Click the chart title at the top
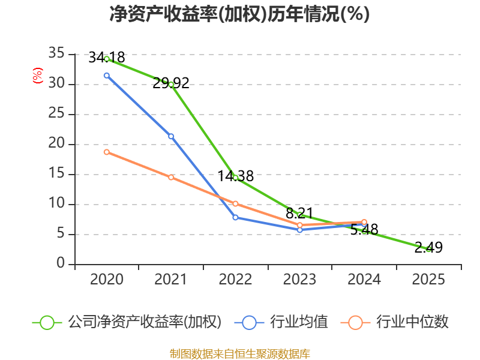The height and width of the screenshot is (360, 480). coord(239,14)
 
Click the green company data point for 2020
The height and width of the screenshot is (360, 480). coord(107,59)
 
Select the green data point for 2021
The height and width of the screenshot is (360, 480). coord(171,85)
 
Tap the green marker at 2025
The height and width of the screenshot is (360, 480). coord(428,249)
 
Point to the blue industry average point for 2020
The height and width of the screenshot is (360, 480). coord(107,76)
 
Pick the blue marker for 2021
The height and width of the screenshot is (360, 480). coord(171,136)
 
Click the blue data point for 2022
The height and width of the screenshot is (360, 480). coord(235,217)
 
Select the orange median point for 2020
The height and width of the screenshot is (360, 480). coord(107,152)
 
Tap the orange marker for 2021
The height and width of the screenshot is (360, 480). coord(171,177)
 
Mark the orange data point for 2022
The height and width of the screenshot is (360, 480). coord(235,203)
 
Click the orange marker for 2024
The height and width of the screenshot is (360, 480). coord(364,222)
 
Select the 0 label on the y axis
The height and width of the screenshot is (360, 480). coord(61,264)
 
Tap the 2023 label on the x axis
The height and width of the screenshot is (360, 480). coord(300,280)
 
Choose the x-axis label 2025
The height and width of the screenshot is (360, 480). coord(428,280)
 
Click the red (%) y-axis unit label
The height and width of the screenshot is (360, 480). coord(38,76)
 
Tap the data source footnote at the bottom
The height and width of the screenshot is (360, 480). coord(239,353)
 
